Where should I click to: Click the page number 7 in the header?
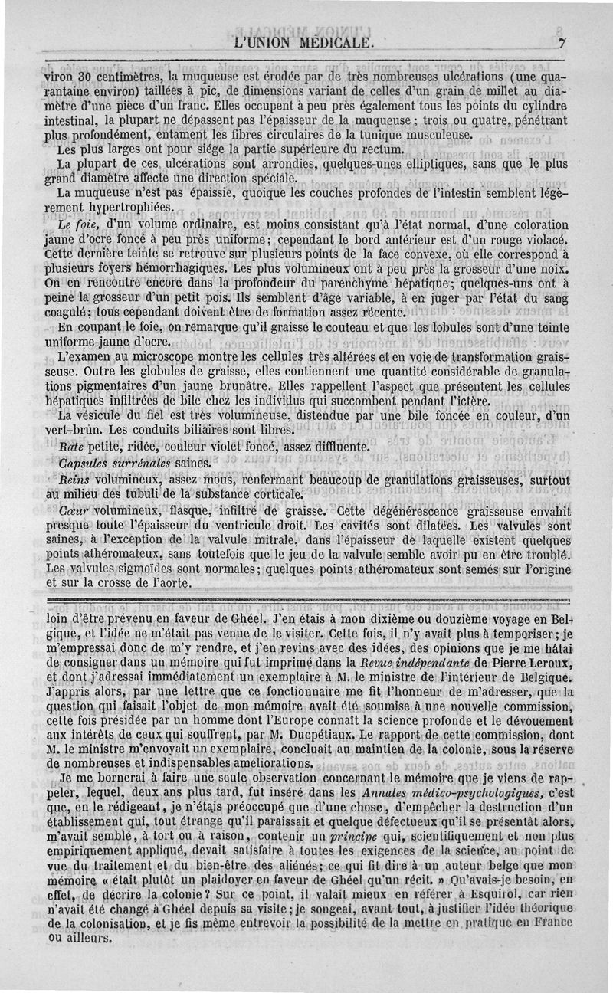(x=562, y=44)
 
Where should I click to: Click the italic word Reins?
(x=74, y=479)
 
